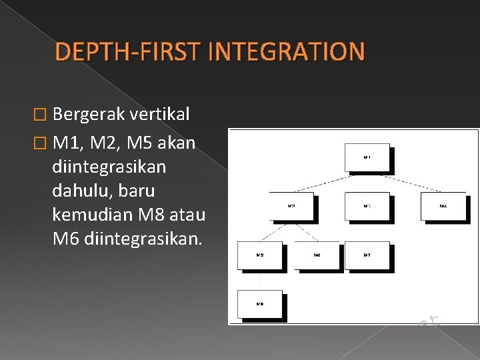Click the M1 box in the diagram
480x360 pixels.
click(367, 157)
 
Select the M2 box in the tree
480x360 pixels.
click(291, 207)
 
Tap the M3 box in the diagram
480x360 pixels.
click(367, 207)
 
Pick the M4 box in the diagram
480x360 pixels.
click(443, 207)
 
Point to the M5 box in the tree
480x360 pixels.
click(260, 255)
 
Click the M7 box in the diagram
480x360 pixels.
click(367, 255)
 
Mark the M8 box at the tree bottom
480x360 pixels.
click(260, 304)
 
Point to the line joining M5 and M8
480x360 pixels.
click(260, 280)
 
